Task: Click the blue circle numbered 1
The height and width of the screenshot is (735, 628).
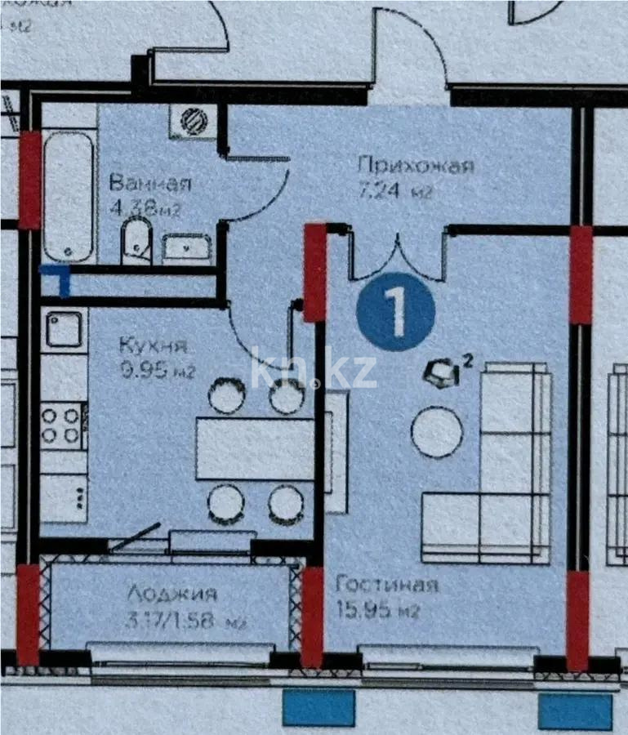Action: [x=395, y=312]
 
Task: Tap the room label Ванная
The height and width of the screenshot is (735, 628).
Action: [x=150, y=182]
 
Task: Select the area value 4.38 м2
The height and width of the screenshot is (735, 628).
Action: [x=144, y=207]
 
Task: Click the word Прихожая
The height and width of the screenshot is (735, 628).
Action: [x=416, y=166]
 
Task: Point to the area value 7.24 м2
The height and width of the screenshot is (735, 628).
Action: [x=394, y=193]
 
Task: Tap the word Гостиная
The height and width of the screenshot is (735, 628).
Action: [x=386, y=585]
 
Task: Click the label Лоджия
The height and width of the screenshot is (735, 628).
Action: [x=171, y=594]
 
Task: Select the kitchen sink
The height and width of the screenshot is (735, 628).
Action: [x=63, y=330]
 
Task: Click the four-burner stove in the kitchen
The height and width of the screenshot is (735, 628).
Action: [x=63, y=425]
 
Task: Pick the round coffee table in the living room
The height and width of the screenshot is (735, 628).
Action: [x=437, y=432]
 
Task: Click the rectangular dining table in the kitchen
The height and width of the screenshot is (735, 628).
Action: [x=255, y=448]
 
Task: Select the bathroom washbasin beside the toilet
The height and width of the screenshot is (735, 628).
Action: [x=186, y=247]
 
